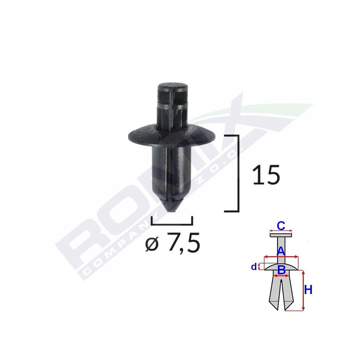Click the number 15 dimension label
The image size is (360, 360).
266,176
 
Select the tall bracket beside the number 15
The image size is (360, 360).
237,173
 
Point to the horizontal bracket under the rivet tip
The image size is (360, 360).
172,223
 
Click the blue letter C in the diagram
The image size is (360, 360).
281,226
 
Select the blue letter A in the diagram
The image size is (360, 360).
281,251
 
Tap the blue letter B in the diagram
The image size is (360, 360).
282,269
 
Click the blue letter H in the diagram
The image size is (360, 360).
308,290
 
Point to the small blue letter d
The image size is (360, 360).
254,267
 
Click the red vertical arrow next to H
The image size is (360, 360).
303,291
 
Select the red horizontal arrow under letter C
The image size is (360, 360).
281,232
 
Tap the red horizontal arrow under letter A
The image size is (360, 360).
281,257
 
